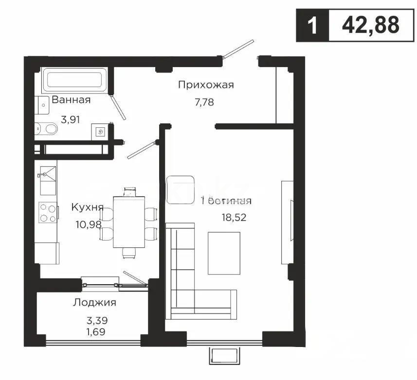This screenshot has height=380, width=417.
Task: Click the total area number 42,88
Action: pyautogui.click(x=370, y=24)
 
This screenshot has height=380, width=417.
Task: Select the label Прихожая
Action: pyautogui.click(x=206, y=85)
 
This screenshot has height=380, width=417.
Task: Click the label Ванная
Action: pyautogui.click(x=71, y=100)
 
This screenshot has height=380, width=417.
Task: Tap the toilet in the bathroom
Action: pyautogui.click(x=47, y=128)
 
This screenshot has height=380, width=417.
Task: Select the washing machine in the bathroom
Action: pyautogui.click(x=101, y=131)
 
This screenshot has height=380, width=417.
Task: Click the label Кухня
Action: pyautogui.click(x=87, y=207)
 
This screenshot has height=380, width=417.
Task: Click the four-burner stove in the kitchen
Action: pyautogui.click(x=48, y=213)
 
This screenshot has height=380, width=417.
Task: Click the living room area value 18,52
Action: pyautogui.click(x=233, y=217)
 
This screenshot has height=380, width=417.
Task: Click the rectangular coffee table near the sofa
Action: pyautogui.click(x=224, y=253)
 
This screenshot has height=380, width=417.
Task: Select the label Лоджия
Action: pyautogui.click(x=94, y=302)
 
